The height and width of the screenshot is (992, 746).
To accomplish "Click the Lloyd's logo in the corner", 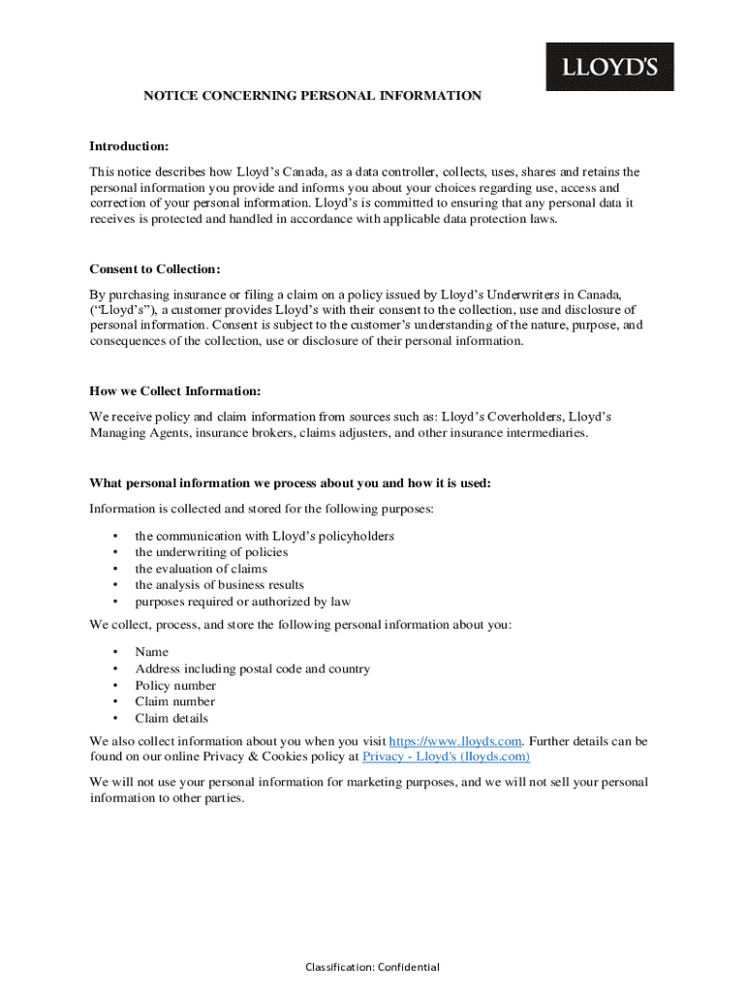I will click(x=609, y=67).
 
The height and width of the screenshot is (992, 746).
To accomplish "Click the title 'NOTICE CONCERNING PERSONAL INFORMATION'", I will click(x=312, y=96).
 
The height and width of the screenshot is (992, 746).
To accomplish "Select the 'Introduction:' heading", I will click(x=129, y=146).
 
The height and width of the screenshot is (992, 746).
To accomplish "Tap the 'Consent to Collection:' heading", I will click(x=155, y=268).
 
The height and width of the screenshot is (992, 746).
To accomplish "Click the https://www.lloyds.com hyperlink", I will click(x=455, y=741).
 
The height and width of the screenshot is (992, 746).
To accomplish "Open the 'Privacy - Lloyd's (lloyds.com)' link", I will click(x=446, y=757).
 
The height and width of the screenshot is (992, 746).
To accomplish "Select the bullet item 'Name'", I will click(x=151, y=652).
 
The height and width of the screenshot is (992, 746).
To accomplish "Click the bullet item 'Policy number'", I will click(x=175, y=685).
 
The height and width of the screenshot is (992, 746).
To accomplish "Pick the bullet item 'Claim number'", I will click(x=174, y=701).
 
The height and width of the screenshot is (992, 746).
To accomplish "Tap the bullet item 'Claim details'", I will click(x=171, y=718).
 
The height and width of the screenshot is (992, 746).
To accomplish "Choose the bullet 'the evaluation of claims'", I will click(x=201, y=569).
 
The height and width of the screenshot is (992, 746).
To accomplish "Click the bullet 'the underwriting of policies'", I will click(x=211, y=552).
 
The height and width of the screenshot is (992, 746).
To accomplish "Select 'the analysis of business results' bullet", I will click(x=219, y=585).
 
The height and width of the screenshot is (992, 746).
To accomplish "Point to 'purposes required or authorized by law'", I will click(x=242, y=602).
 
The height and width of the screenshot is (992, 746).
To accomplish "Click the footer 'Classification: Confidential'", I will click(x=372, y=967).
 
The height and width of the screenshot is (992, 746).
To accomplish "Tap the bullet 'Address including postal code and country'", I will click(x=252, y=668).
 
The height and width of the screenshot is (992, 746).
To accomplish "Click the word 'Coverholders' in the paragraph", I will click(x=526, y=417).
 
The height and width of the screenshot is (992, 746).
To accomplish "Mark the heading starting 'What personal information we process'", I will click(x=290, y=483).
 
